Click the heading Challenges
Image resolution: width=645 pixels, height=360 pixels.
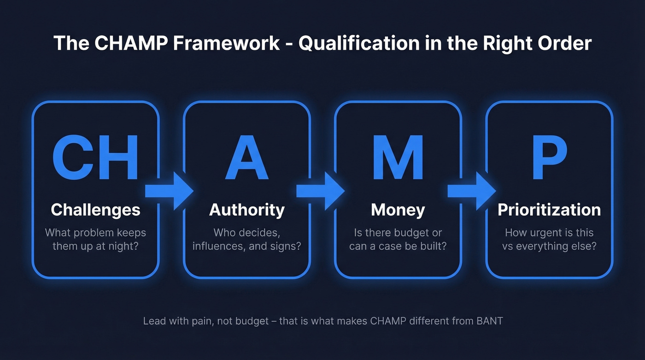(x=95, y=210)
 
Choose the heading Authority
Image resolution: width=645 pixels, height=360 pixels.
(x=246, y=210)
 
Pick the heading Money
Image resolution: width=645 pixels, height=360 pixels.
(x=398, y=210)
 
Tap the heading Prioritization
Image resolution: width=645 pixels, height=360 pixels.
(x=549, y=210)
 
